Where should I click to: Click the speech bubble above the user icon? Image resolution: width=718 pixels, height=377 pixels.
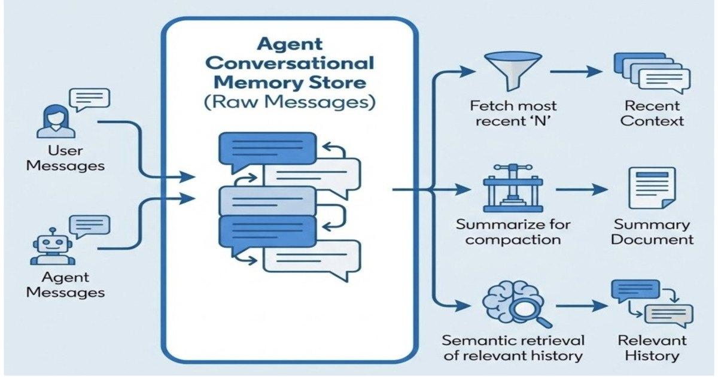pyautogui.click(x=90, y=98)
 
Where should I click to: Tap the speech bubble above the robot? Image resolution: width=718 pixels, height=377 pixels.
pyautogui.click(x=90, y=226)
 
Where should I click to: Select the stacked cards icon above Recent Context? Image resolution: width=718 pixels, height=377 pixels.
pyautogui.click(x=652, y=73)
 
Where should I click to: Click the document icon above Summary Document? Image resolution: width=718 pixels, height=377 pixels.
pyautogui.click(x=652, y=188)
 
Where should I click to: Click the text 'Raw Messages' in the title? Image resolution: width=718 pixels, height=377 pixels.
pyautogui.click(x=290, y=102)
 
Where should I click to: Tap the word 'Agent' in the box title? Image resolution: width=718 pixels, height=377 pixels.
pyautogui.click(x=290, y=44)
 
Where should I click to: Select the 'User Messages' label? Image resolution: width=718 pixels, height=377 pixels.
pyautogui.click(x=65, y=157)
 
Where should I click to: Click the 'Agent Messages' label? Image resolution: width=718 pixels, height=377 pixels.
pyautogui.click(x=65, y=285)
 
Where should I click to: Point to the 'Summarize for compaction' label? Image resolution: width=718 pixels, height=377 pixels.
pyautogui.click(x=513, y=232)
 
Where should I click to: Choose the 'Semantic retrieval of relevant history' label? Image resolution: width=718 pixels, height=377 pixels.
pyautogui.click(x=512, y=348)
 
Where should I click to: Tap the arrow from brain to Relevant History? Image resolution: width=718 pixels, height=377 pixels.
pyautogui.click(x=578, y=306)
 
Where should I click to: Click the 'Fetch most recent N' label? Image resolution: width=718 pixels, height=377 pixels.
pyautogui.click(x=513, y=114)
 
